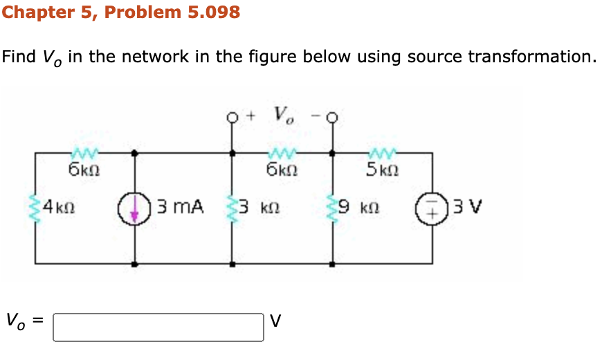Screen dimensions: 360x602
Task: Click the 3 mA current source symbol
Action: click(134, 208)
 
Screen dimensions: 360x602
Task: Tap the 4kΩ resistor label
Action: click(59, 206)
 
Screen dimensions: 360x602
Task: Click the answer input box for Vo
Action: click(158, 327)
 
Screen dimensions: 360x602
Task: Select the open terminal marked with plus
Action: click(232, 116)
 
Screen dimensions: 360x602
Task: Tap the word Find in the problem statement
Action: click(18, 56)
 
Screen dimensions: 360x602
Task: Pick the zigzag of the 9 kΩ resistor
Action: click(333, 208)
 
